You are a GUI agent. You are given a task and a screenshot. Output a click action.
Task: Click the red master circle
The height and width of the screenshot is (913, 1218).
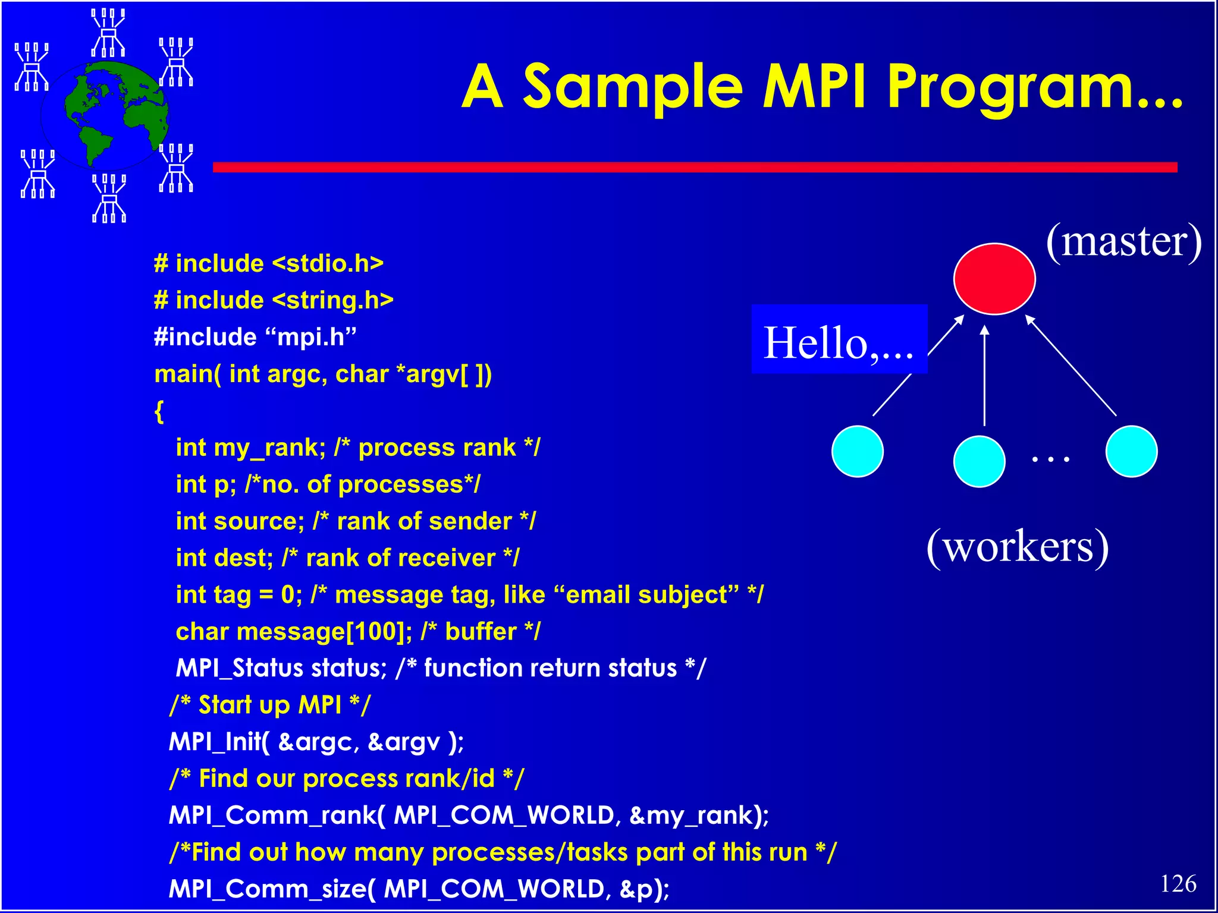click(x=994, y=278)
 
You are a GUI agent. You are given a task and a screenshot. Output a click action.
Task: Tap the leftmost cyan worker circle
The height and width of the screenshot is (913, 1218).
click(x=857, y=451)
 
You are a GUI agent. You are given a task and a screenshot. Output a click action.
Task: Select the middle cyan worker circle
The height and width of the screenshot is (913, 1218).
click(x=979, y=461)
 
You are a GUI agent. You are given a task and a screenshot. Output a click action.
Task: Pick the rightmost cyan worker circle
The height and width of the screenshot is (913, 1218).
click(x=1131, y=451)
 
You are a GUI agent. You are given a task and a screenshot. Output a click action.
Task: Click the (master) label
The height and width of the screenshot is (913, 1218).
click(x=1123, y=241)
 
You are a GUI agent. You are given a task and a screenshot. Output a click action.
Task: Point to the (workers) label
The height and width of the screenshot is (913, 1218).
click(x=1018, y=547)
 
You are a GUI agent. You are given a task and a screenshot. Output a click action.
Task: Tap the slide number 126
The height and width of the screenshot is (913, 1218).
click(x=1178, y=884)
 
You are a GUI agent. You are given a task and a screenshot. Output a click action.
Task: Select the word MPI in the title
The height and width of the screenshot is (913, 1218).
click(x=814, y=87)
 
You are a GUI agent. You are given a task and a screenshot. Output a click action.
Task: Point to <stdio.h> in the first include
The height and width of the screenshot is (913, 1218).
click(x=328, y=263)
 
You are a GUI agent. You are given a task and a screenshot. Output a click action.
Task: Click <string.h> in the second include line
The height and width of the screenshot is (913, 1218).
click(x=333, y=300)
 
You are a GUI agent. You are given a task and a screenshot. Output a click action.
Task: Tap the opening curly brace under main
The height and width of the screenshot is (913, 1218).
click(x=159, y=411)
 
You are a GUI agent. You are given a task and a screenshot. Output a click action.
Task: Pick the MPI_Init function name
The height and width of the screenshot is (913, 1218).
click(x=215, y=742)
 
